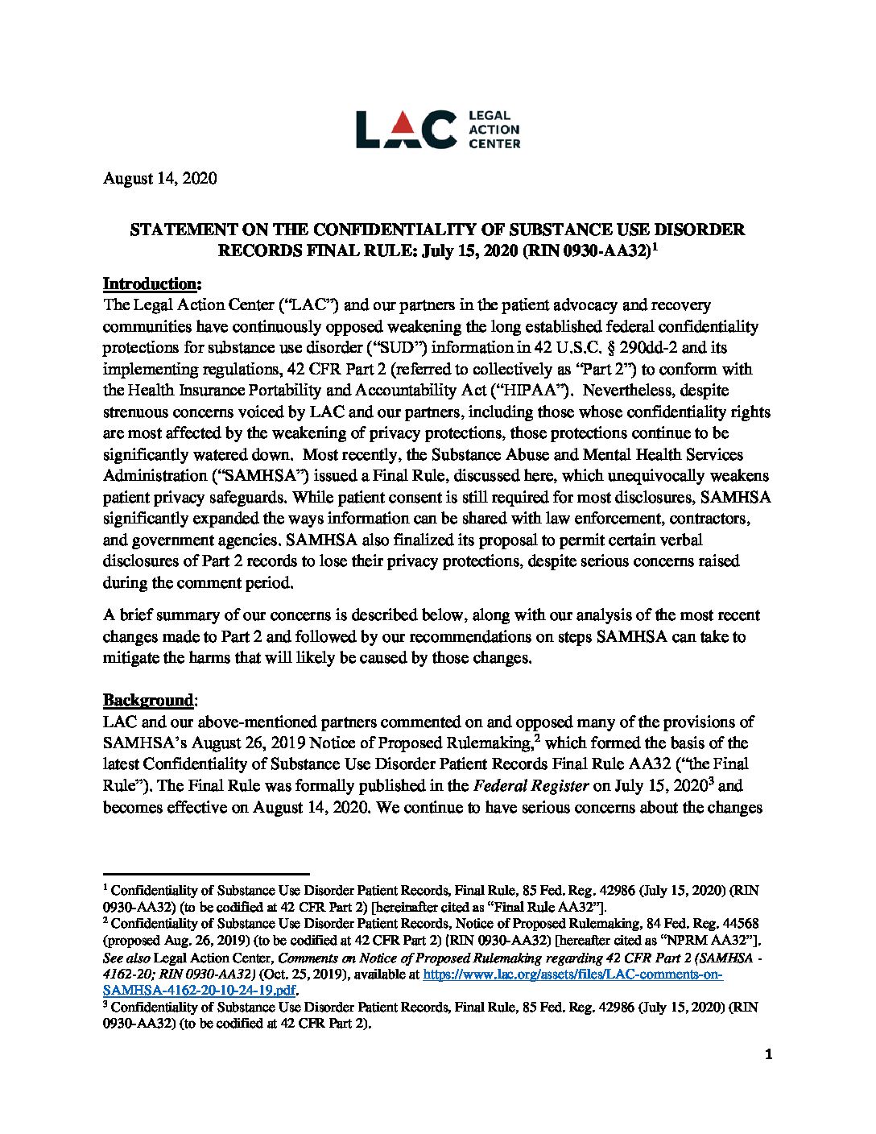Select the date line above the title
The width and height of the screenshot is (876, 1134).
159,178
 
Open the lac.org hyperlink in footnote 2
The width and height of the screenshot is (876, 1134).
572,975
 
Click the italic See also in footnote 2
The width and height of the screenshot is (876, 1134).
126,958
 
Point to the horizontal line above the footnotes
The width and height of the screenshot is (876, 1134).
206,873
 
